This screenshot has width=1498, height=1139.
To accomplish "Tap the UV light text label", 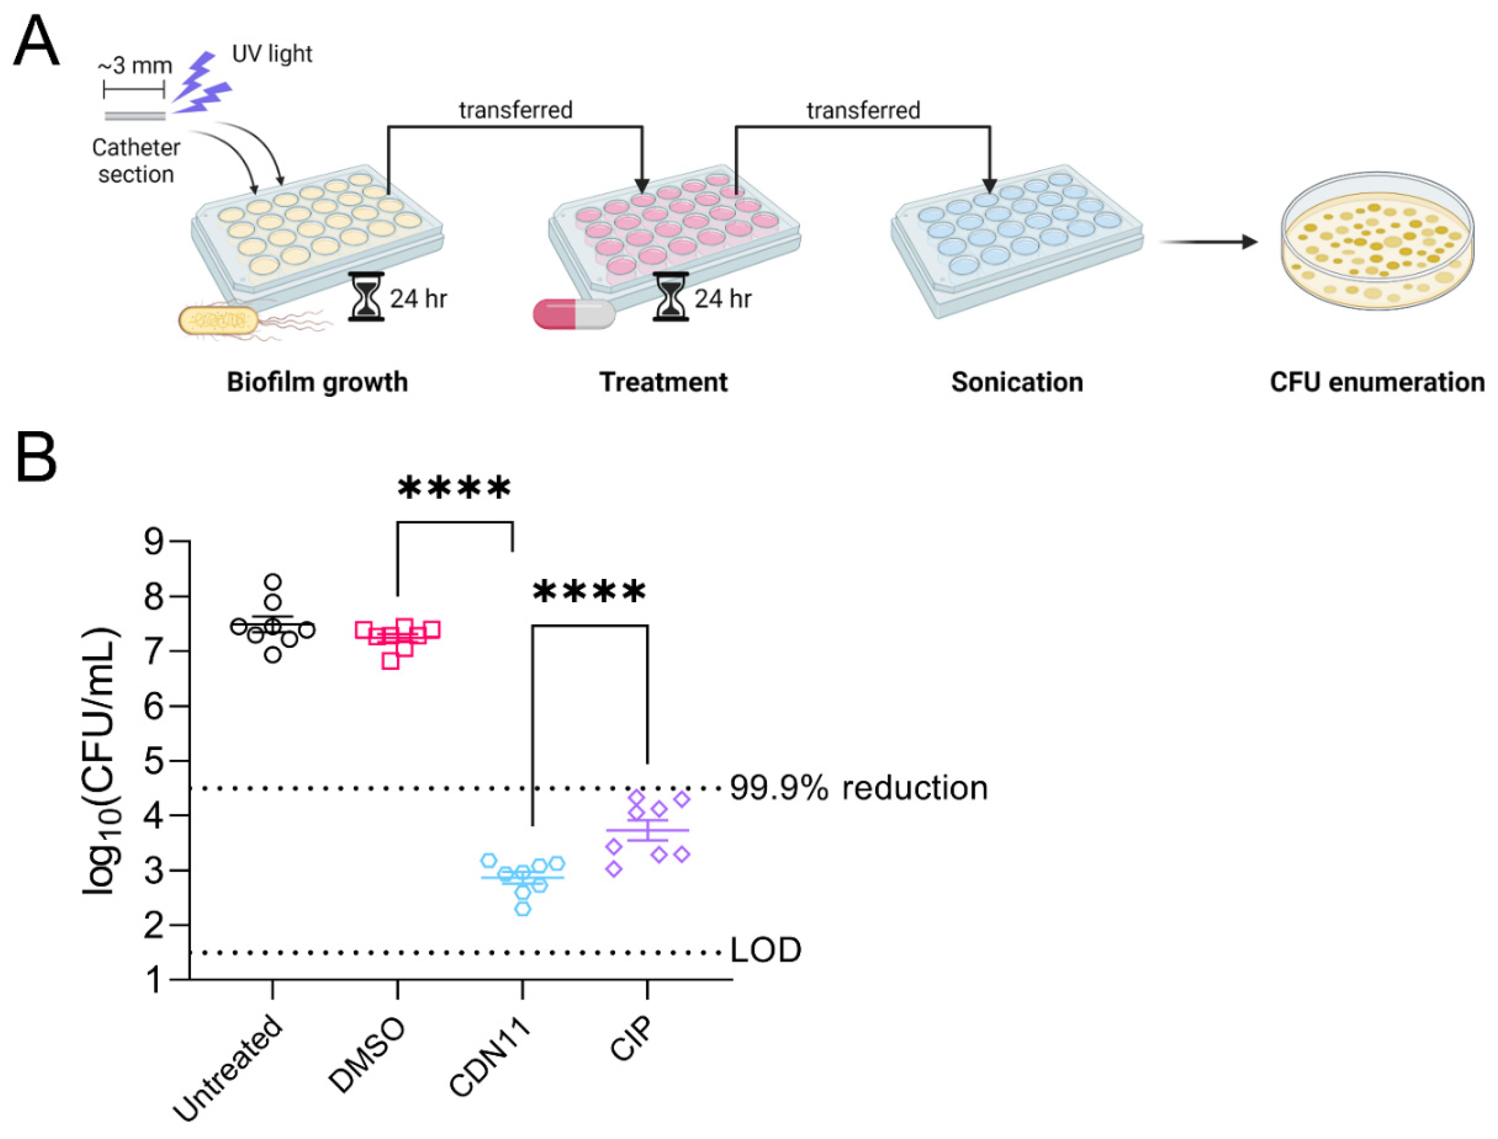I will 272,54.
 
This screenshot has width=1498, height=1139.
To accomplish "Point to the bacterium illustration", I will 219,320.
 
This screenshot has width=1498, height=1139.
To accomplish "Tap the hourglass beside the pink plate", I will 670,296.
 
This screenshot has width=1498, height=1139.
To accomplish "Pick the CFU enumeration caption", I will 1377,382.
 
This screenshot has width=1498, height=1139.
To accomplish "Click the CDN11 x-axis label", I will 489,1058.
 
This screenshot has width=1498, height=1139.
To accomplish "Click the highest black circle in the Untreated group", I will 272,582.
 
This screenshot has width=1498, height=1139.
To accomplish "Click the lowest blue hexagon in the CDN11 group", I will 522,908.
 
